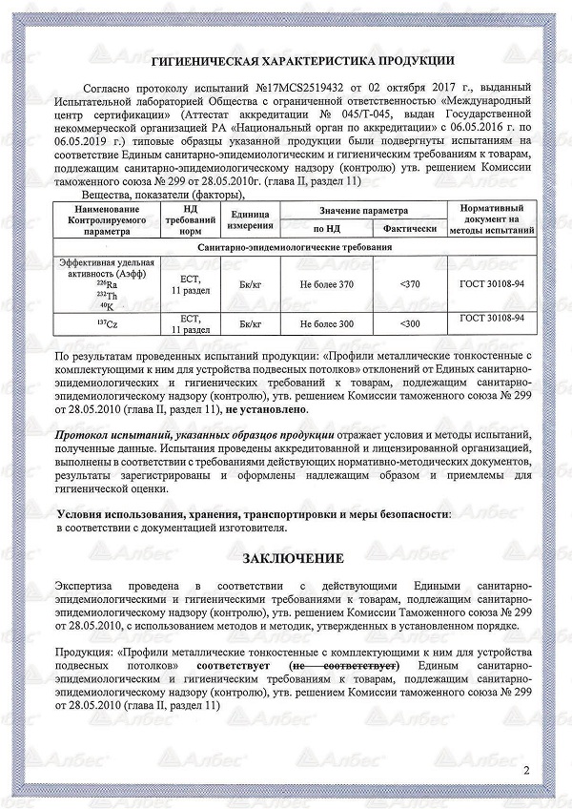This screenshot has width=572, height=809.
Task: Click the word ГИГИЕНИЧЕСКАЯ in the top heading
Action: [x=207, y=61]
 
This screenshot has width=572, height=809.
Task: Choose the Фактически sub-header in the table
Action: [x=410, y=229]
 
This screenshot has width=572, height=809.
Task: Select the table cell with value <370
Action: [x=410, y=283]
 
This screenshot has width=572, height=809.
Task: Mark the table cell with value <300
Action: [x=410, y=323]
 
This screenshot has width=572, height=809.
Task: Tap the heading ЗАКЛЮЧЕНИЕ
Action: [x=292, y=557]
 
